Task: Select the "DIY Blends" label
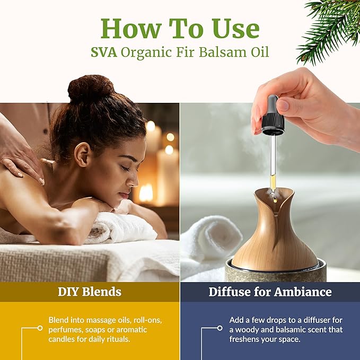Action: click(x=90, y=292)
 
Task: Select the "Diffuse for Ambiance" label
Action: click(x=270, y=292)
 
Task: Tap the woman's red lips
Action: click(x=123, y=196)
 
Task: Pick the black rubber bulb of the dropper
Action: click(x=273, y=114)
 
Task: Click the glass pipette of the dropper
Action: click(x=273, y=159)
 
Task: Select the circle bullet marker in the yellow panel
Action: click(x=40, y=328)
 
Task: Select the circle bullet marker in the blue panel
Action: click(x=220, y=328)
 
